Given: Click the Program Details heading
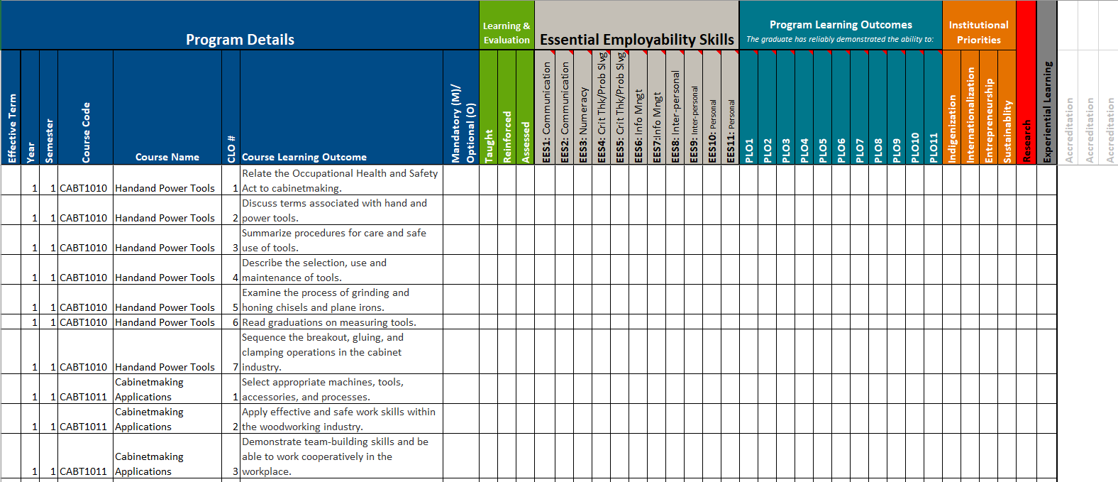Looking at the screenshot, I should pyautogui.click(x=240, y=40).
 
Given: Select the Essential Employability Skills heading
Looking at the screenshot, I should pyautogui.click(x=636, y=40).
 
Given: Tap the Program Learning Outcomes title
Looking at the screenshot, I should pyautogui.click(x=841, y=25).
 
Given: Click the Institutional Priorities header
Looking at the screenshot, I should pyautogui.click(x=978, y=32).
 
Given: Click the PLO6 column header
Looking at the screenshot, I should pyautogui.click(x=841, y=150).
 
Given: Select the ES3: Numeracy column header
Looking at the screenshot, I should pyautogui.click(x=583, y=125).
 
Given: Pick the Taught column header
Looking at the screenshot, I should pyautogui.click(x=489, y=146).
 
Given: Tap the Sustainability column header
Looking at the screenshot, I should pyautogui.click(x=1007, y=132).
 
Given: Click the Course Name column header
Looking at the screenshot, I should pyautogui.click(x=167, y=157).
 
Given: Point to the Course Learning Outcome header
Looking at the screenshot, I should pyautogui.click(x=304, y=157).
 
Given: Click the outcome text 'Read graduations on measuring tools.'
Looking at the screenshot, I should pyautogui.click(x=329, y=322).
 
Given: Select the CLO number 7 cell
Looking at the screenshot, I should pyautogui.click(x=235, y=367).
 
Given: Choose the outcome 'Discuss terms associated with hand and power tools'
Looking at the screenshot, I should pyautogui.click(x=334, y=210).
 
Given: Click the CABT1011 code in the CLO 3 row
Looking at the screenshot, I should pyautogui.click(x=84, y=471).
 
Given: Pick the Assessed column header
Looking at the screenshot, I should pyautogui.click(x=526, y=142).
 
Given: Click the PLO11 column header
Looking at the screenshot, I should pyautogui.click(x=934, y=148).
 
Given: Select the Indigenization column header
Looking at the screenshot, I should pyautogui.click(x=952, y=128).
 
